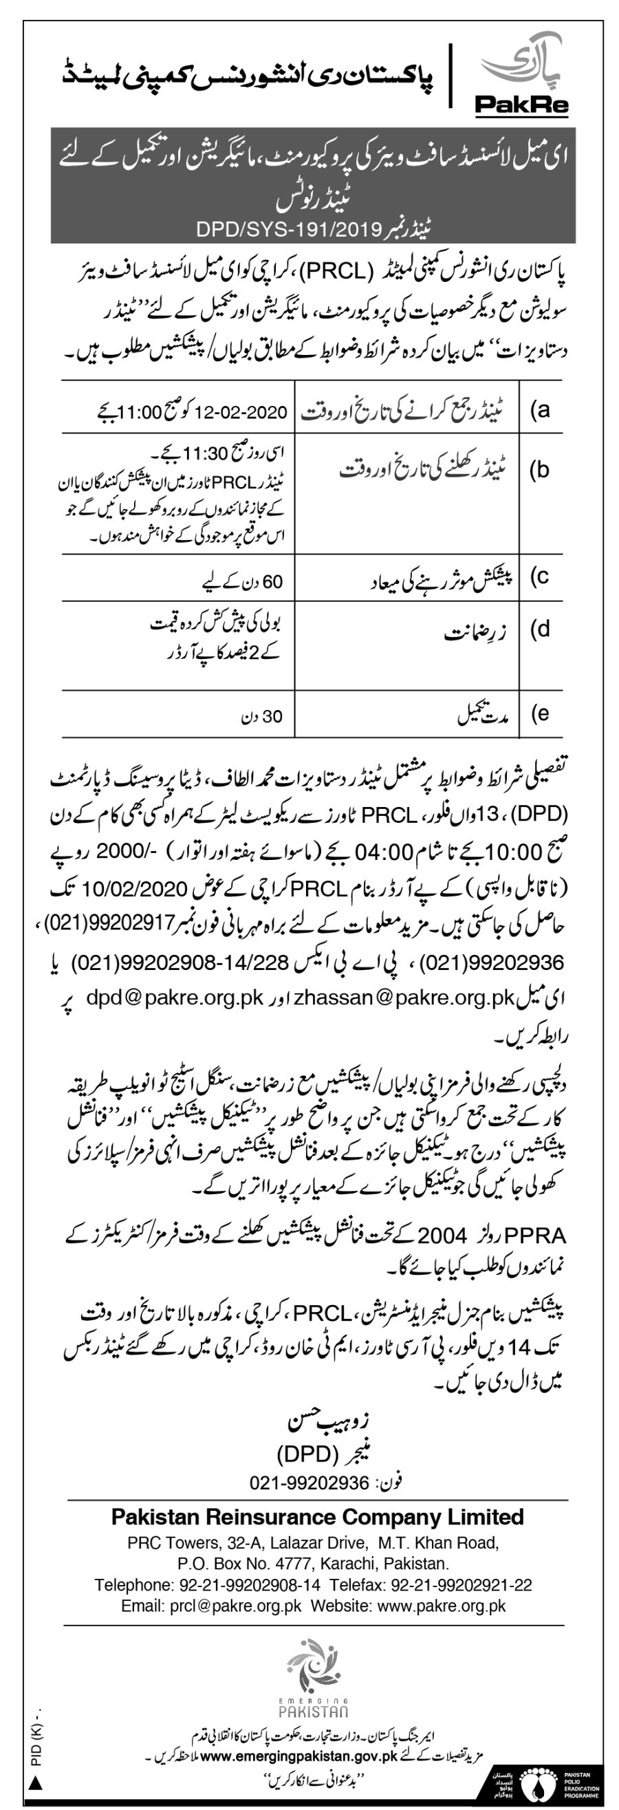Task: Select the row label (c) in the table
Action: tap(539, 577)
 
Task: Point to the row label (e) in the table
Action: tap(539, 713)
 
